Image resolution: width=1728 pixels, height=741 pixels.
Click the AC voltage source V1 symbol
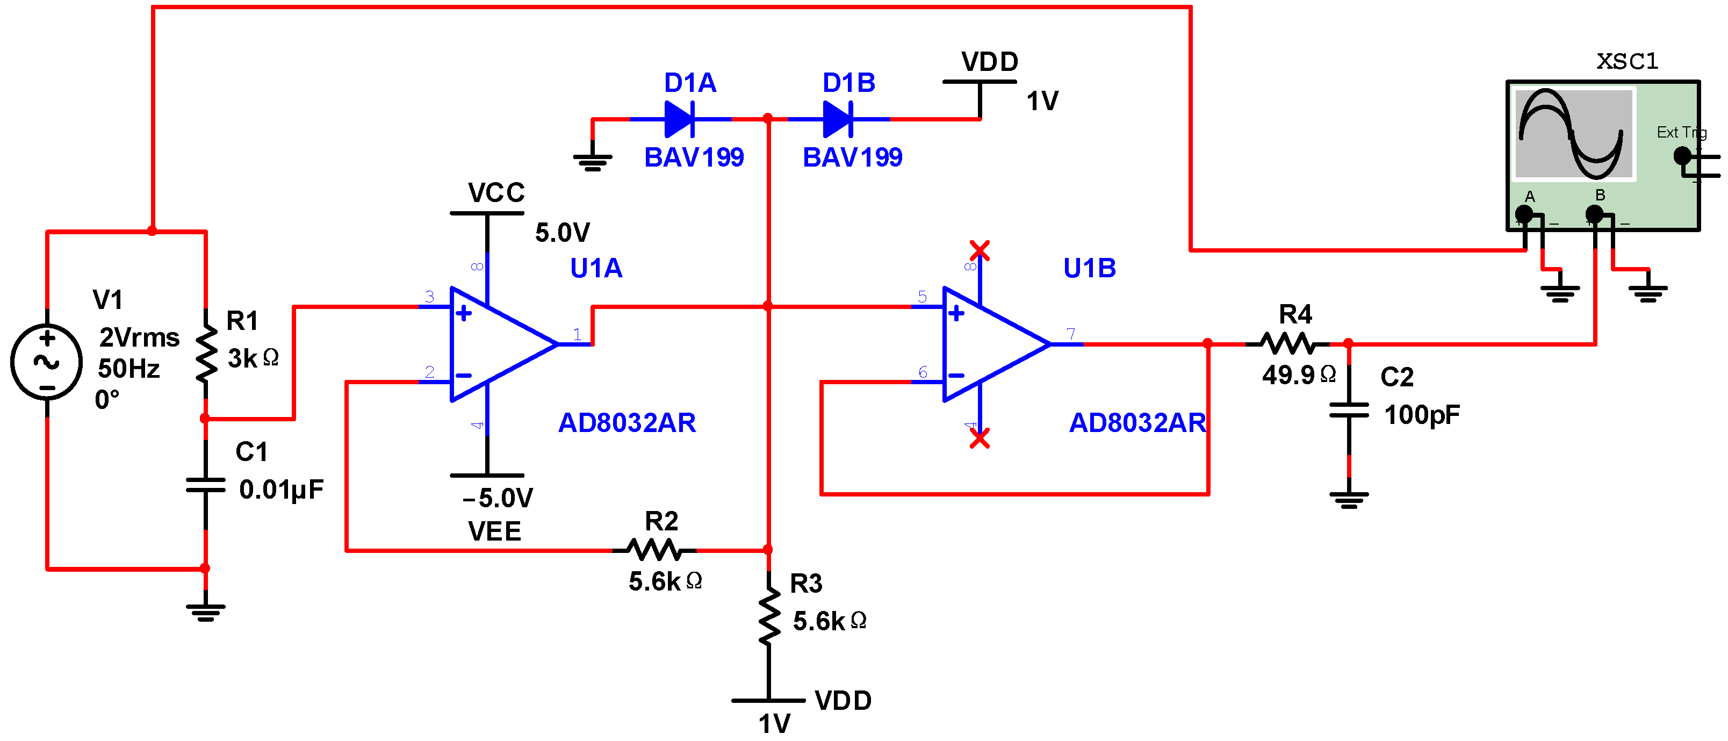(x=46, y=362)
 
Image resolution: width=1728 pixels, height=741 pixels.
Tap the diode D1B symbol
(x=838, y=119)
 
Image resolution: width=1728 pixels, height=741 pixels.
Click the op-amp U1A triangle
(x=496, y=344)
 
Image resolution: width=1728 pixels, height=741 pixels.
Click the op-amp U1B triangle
(x=989, y=344)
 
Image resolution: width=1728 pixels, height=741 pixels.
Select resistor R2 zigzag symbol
(x=654, y=551)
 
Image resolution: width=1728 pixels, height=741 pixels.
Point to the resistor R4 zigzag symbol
(x=1287, y=344)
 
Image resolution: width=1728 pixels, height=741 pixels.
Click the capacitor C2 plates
(x=1349, y=411)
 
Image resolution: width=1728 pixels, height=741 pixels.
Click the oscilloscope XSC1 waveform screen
(x=1573, y=134)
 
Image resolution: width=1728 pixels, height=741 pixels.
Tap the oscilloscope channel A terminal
(x=1524, y=214)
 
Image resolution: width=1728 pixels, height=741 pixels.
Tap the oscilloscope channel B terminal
(x=1595, y=214)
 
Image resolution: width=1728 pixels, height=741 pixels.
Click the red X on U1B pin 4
(x=980, y=438)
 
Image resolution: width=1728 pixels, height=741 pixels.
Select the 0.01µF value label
(x=281, y=490)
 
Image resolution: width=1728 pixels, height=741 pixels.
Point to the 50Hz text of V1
(x=129, y=369)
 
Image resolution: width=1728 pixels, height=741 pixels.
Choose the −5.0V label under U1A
(x=498, y=498)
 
